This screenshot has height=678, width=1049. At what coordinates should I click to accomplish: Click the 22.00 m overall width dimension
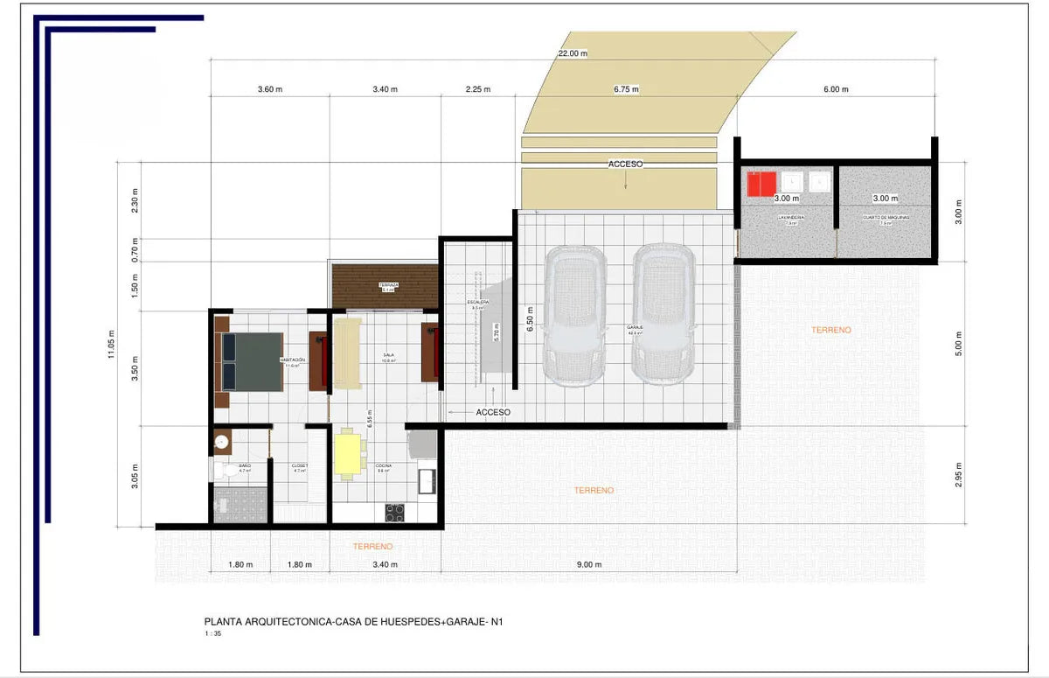click(573, 53)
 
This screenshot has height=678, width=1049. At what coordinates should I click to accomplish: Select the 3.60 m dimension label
click(270, 89)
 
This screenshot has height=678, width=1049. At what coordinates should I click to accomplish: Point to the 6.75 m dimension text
click(626, 89)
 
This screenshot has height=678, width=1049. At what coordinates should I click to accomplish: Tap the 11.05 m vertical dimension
click(111, 344)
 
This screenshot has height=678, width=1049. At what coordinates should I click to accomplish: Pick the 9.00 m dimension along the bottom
click(590, 565)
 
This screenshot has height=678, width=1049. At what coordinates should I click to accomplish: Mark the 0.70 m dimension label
click(135, 249)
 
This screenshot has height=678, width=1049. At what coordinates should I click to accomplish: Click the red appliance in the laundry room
click(761, 184)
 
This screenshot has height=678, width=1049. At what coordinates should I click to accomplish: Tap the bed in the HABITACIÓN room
click(252, 360)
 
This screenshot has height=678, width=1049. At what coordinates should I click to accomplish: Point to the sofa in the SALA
click(347, 353)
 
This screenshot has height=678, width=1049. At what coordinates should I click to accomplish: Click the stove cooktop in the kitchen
click(395, 512)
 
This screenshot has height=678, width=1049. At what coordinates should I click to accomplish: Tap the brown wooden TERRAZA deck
click(385, 286)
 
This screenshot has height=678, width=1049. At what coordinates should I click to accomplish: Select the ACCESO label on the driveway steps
click(626, 164)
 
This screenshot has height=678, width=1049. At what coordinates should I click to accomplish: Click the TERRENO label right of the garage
click(830, 330)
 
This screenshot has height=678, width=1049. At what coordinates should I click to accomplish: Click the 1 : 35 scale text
click(212, 634)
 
